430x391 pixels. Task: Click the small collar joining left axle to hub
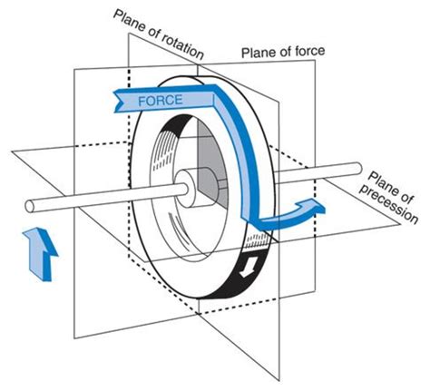pyautogui.click(x=185, y=190)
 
